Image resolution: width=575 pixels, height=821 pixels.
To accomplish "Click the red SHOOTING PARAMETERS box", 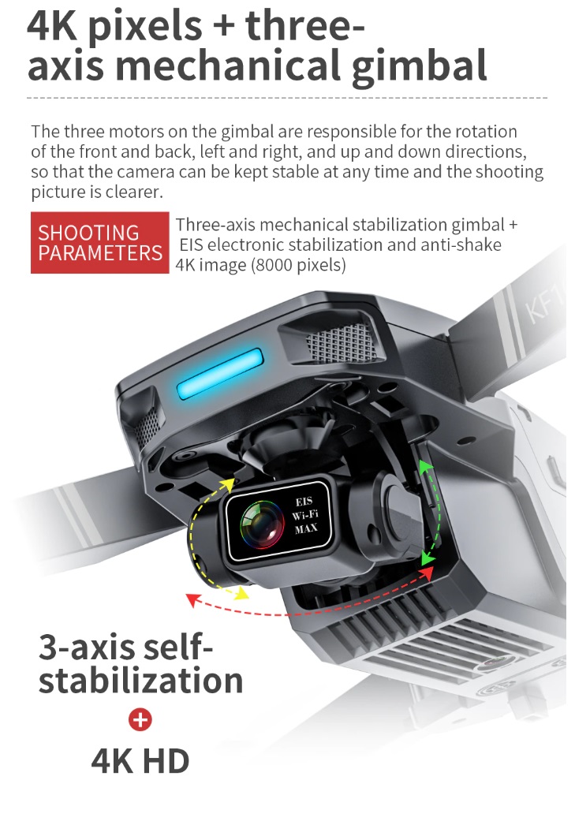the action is (x=99, y=242).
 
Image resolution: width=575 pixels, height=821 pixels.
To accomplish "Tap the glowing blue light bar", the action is (x=219, y=373).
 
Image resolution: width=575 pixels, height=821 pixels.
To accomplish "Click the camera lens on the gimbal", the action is (x=260, y=524).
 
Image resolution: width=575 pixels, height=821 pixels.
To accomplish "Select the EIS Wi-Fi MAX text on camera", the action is (x=305, y=515).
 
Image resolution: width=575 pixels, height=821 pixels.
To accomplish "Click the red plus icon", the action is (x=140, y=719).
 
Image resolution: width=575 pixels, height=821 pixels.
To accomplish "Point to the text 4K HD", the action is (x=140, y=761).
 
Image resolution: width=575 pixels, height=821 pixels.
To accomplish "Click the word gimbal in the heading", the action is (x=419, y=67).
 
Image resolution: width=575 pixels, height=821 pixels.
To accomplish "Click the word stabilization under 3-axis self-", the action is (x=140, y=680).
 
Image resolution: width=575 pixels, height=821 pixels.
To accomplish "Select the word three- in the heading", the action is (x=304, y=25).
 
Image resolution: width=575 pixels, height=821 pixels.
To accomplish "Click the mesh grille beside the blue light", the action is (x=341, y=342).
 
